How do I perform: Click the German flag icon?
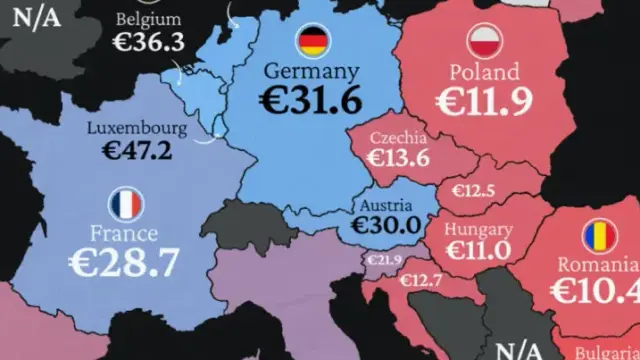click(312, 41)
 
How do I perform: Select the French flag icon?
click(126, 205)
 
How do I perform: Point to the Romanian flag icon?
click(599, 236)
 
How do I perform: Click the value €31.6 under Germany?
click(310, 102)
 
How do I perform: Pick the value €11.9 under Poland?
click(485, 101)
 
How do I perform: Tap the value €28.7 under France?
click(123, 263)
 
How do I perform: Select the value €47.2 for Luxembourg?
click(137, 151)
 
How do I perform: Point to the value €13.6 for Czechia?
click(397, 158)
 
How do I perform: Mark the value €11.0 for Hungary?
click(478, 250)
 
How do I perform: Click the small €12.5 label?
click(475, 191)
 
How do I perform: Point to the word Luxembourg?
click(137, 128)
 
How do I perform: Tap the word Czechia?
click(398, 137)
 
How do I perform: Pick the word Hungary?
click(478, 229)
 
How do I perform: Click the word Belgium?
click(148, 19)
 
